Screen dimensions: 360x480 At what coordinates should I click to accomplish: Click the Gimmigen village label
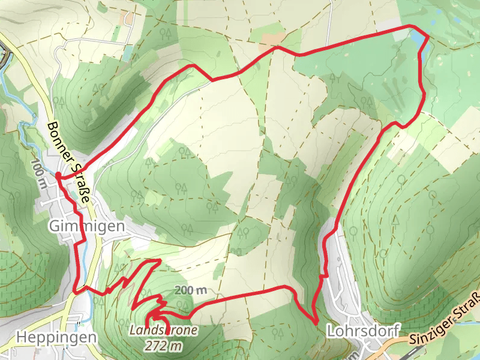[x=86, y=226]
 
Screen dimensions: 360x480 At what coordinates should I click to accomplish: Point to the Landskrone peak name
[x=163, y=329]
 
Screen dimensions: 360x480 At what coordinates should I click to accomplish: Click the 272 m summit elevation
[x=163, y=345]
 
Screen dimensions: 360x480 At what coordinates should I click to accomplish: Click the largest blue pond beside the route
[x=416, y=40]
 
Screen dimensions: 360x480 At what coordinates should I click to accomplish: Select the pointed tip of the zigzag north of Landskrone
[x=158, y=260]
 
